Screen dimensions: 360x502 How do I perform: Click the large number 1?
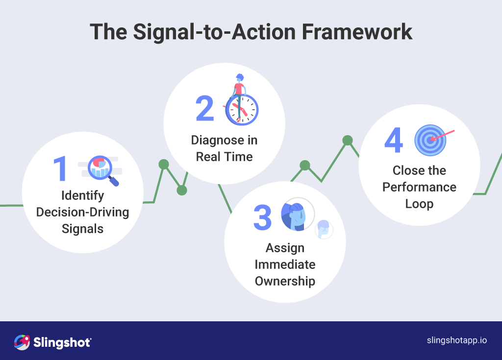coord(60,169)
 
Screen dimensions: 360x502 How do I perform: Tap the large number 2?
coord(205,108)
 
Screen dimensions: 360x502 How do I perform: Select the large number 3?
coord(262,218)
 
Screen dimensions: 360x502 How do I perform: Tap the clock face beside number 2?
coord(243,109)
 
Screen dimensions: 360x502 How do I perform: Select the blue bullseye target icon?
coord(430,140)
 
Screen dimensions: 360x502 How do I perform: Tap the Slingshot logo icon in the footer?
coord(22,342)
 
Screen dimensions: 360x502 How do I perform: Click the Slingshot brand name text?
coord(62,342)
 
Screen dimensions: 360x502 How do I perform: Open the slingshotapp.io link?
coord(456,341)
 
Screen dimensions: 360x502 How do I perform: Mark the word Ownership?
coord(285,281)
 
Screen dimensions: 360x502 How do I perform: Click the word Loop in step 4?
coord(419,204)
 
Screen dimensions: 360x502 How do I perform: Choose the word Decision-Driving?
coord(82,212)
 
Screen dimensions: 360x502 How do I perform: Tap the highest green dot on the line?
coord(348,141)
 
